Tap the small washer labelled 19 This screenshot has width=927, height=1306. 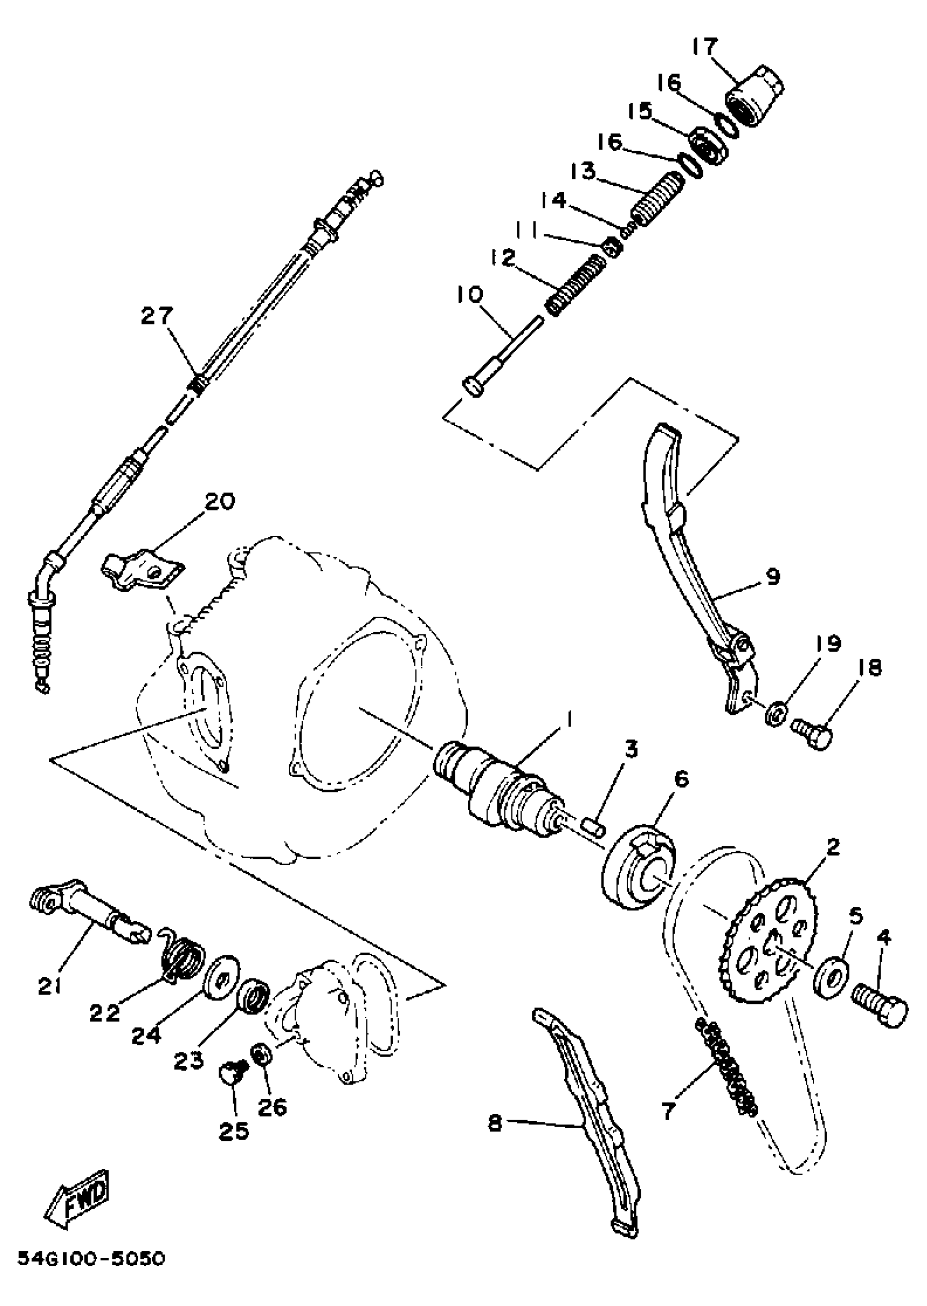click(x=776, y=713)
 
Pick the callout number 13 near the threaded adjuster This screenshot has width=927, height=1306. click(x=583, y=171)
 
